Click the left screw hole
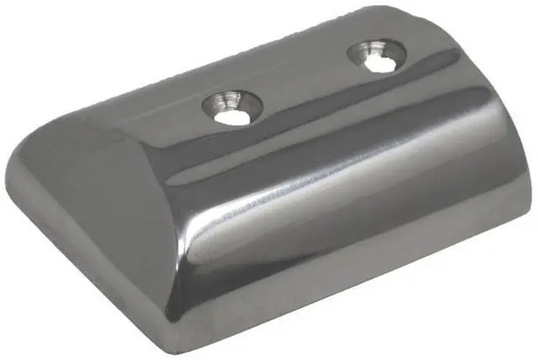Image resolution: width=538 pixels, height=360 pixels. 231,109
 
